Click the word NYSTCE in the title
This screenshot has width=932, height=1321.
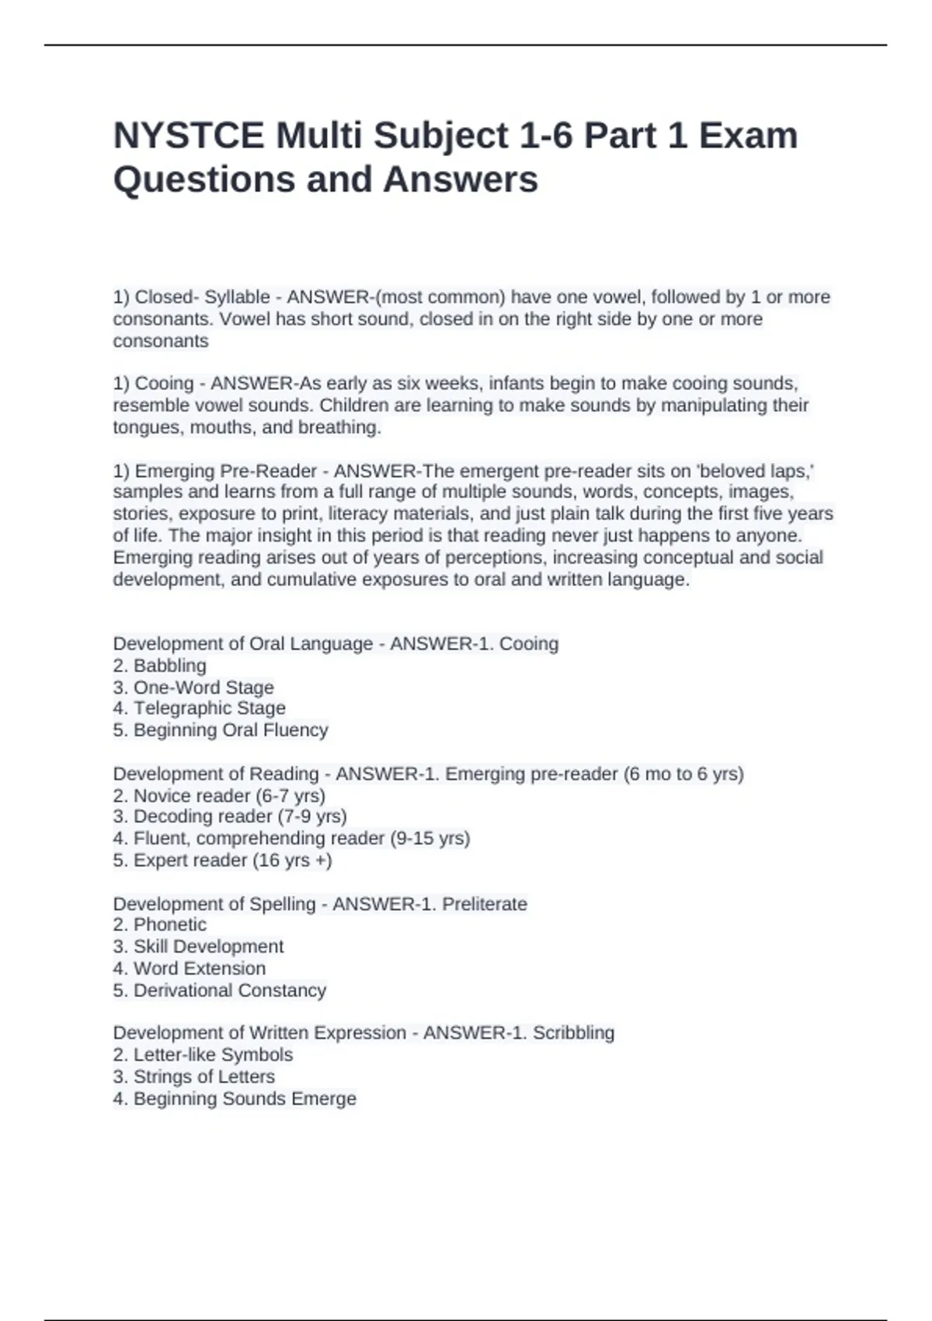(x=189, y=136)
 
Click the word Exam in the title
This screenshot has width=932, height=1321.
(x=748, y=136)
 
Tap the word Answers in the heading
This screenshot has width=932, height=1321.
(x=460, y=180)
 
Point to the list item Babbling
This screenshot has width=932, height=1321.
(x=169, y=666)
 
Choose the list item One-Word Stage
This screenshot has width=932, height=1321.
(x=203, y=688)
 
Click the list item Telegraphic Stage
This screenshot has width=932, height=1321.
(x=209, y=709)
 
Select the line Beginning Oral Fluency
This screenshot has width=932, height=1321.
(x=231, y=730)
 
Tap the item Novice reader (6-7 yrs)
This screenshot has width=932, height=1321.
(x=229, y=796)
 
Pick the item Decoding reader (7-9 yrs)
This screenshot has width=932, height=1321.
(x=240, y=817)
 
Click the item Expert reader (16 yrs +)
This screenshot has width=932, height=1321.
(x=232, y=860)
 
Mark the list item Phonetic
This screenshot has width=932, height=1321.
(x=169, y=925)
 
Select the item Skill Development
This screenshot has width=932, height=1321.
(x=208, y=946)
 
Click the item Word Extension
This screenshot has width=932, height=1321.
(x=200, y=968)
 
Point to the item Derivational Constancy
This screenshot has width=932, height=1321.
(x=229, y=991)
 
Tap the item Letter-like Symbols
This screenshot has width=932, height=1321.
(x=213, y=1055)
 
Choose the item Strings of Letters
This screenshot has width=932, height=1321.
(x=203, y=1077)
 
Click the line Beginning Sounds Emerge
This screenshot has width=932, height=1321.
(x=245, y=1099)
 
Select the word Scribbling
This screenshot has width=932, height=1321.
(x=573, y=1033)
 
